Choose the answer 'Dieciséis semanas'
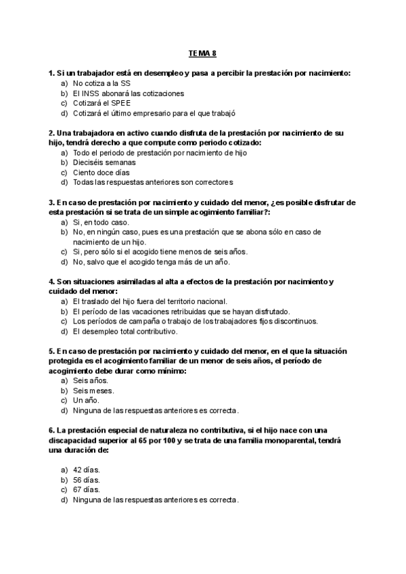[x=104, y=162]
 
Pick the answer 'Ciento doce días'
[x=101, y=172]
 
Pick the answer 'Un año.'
[x=86, y=401]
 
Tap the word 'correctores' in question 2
[x=213, y=182]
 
